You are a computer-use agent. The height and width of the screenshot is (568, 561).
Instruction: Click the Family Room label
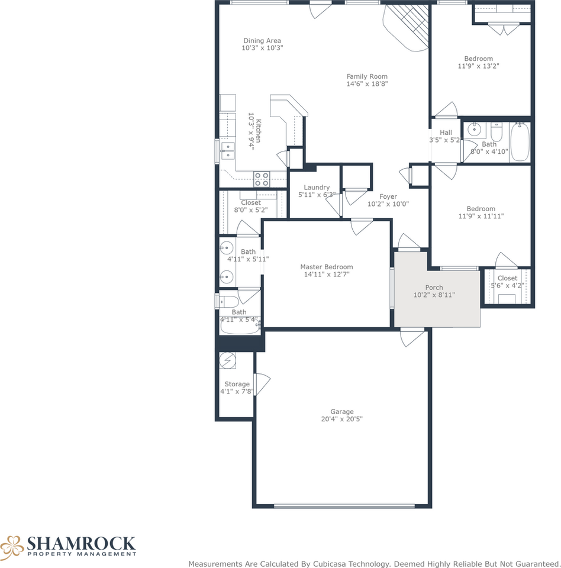[367, 76]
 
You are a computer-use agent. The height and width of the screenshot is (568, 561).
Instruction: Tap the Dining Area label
[262, 40]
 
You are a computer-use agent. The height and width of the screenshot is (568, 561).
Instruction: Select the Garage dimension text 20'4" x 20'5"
[342, 419]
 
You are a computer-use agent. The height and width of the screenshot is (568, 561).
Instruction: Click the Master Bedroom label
[326, 267]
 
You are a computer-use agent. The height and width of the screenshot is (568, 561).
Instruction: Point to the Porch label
[434, 288]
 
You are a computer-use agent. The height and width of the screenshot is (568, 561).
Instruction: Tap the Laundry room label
[317, 188]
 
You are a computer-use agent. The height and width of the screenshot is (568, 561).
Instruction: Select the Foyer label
[388, 196]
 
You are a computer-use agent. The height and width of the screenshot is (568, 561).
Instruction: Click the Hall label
[446, 133]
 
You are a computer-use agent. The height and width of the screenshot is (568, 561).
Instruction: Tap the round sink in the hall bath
[473, 130]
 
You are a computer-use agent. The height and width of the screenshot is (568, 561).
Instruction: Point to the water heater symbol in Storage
[228, 360]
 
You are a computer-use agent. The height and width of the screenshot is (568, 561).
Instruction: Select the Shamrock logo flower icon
[12, 545]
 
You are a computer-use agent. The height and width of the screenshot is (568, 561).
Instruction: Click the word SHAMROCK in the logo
[80, 543]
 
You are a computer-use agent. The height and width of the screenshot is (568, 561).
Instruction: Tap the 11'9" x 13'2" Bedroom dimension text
[478, 66]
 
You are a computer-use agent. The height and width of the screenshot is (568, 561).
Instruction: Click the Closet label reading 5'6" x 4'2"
[507, 278]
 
